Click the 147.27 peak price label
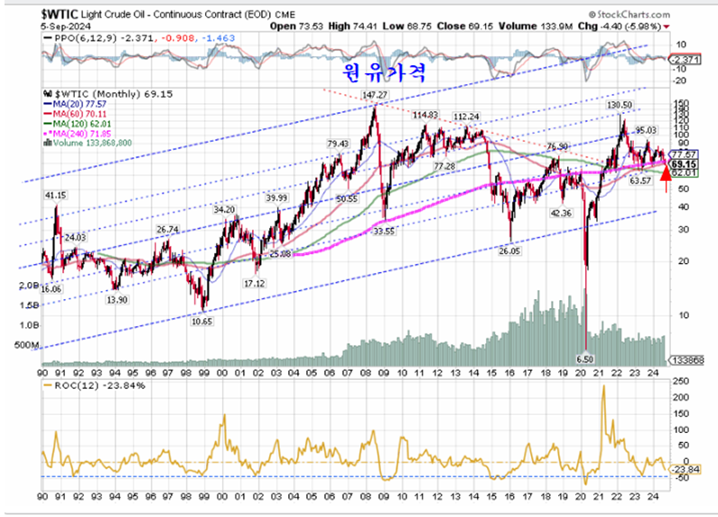click(x=375, y=95)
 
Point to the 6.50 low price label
click(x=586, y=360)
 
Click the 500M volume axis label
click(x=29, y=346)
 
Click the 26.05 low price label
click(x=511, y=250)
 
